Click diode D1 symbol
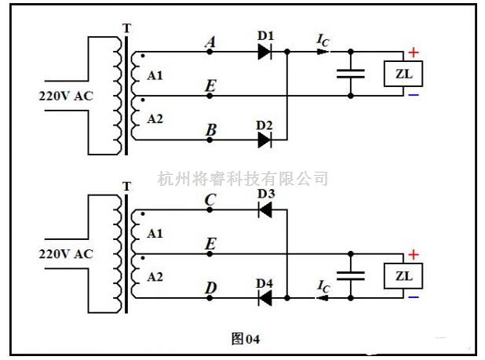pyautogui.click(x=264, y=52)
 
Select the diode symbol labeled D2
pyautogui.click(x=264, y=140)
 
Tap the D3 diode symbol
pyautogui.click(x=264, y=209)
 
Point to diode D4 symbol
pyautogui.click(x=264, y=298)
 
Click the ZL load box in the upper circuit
pyautogui.click(x=403, y=74)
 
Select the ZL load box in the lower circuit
pyautogui.click(x=403, y=276)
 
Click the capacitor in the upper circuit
pyautogui.click(x=350, y=74)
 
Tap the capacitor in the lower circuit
pyautogui.click(x=350, y=276)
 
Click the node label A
pyautogui.click(x=210, y=44)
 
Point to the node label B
pyautogui.click(x=210, y=132)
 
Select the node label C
pyautogui.click(x=210, y=201)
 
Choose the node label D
pyautogui.click(x=210, y=289)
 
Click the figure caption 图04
pyautogui.click(x=245, y=339)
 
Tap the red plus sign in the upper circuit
pyautogui.click(x=413, y=53)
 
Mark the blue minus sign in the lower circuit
pyautogui.click(x=413, y=297)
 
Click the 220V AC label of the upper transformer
pyautogui.click(x=66, y=96)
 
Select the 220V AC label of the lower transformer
pyautogui.click(x=66, y=254)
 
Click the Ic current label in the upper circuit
pyautogui.click(x=322, y=39)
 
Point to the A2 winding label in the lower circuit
pyautogui.click(x=155, y=275)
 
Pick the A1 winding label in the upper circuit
pyautogui.click(x=155, y=76)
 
